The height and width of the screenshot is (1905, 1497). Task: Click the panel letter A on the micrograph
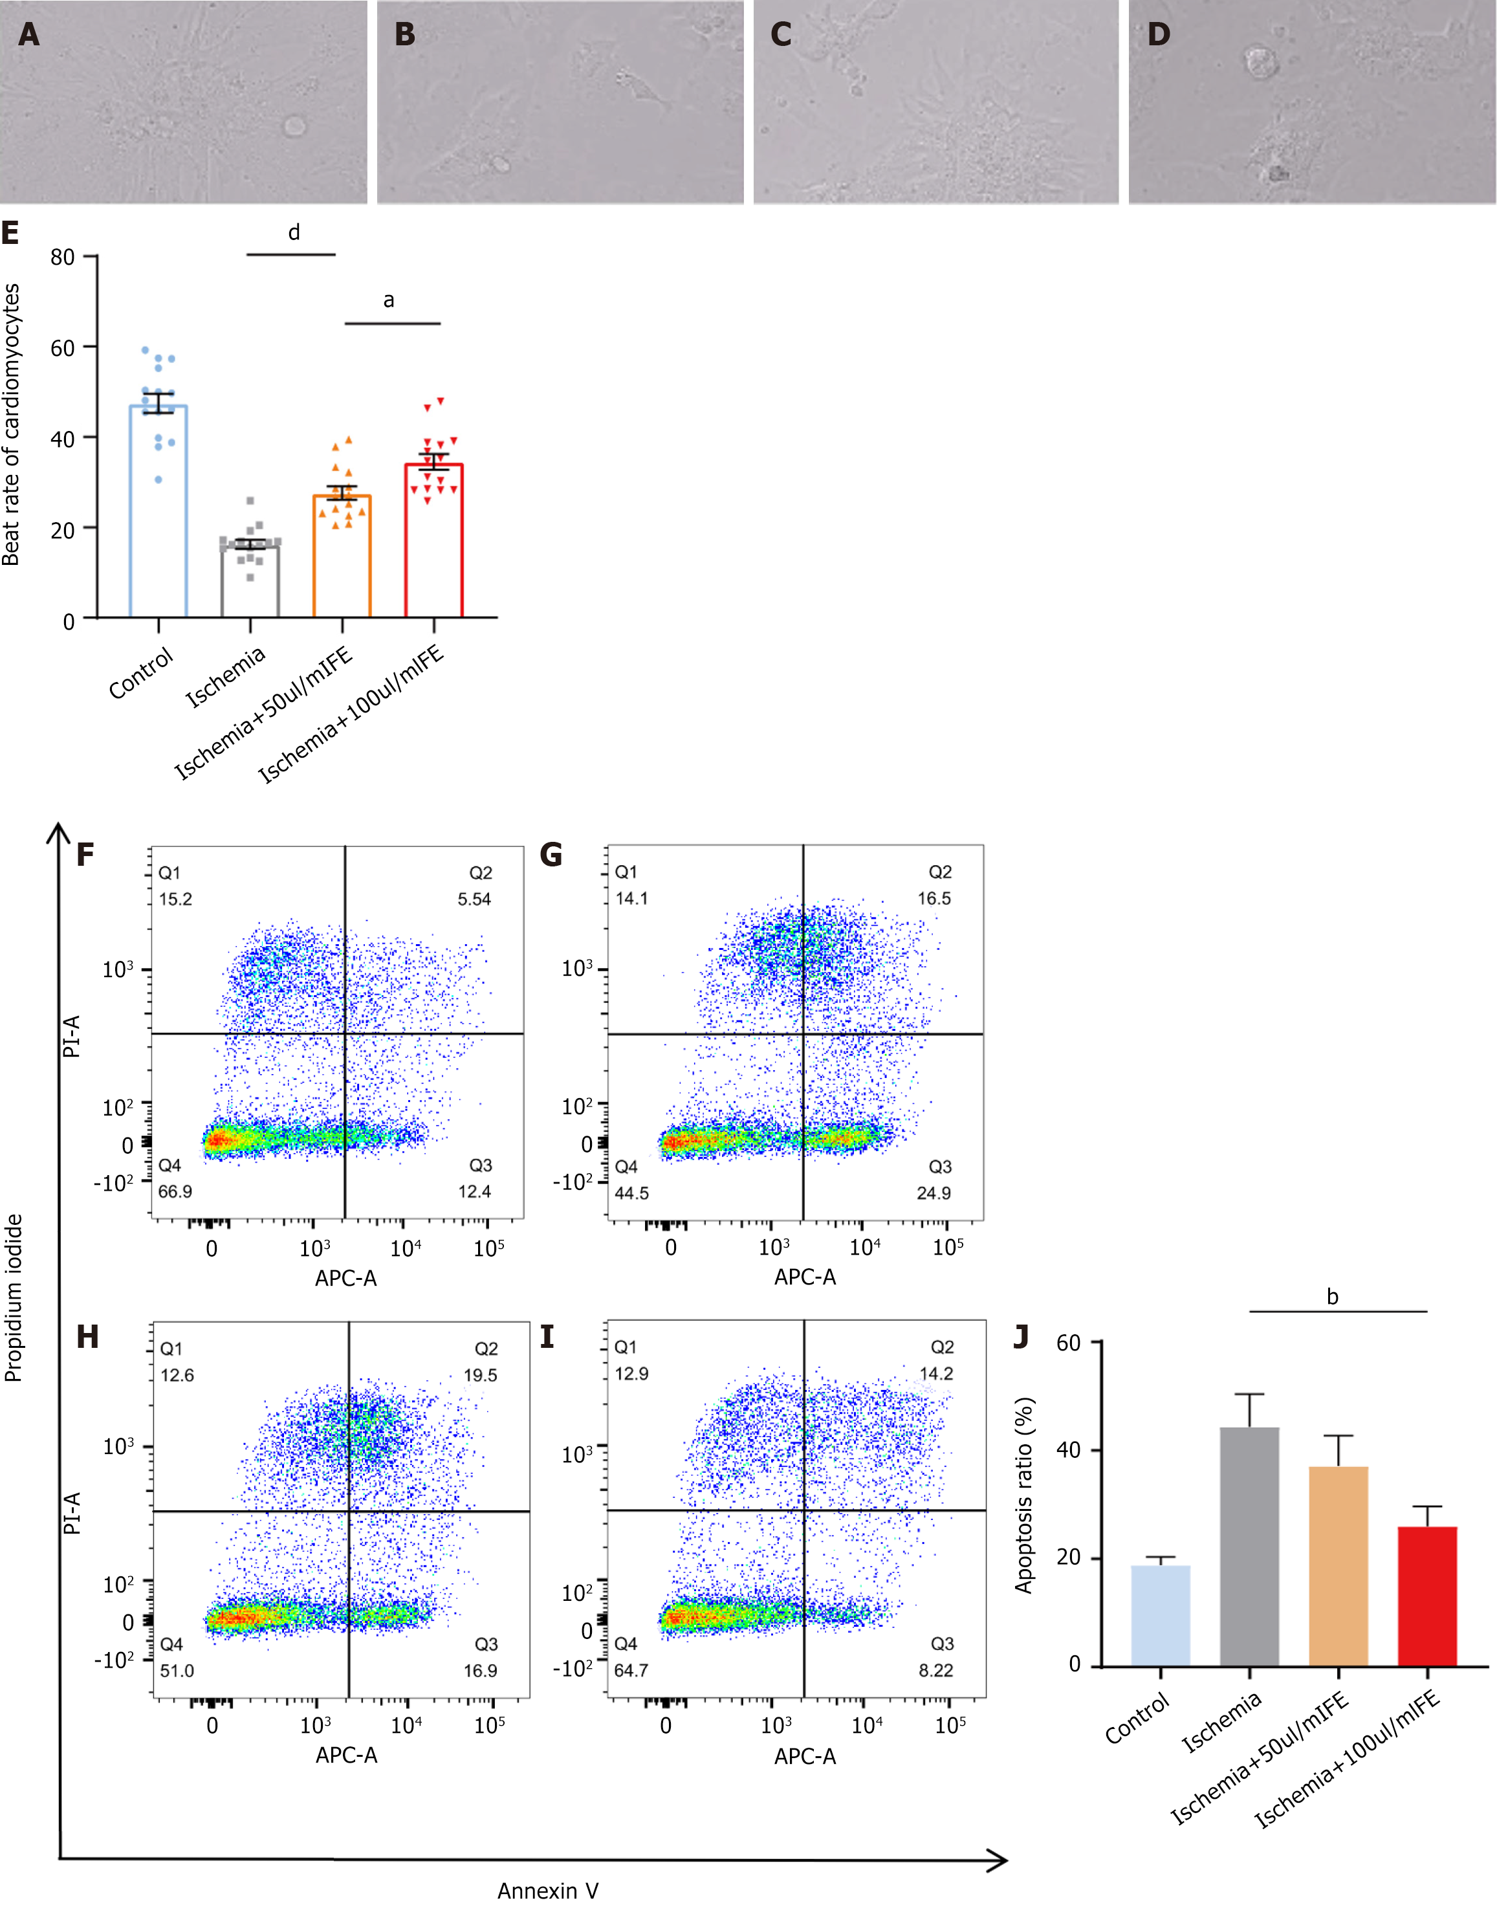click(x=29, y=34)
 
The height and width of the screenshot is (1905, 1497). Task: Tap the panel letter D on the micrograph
click(x=1159, y=34)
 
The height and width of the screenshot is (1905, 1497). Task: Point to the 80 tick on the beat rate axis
click(x=62, y=257)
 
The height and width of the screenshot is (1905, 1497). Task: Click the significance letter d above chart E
click(x=294, y=232)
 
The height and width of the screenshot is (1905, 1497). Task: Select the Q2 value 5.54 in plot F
click(x=474, y=899)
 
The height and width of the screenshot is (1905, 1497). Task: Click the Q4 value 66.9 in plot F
click(x=175, y=1191)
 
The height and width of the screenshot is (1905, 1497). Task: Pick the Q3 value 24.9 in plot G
click(x=934, y=1193)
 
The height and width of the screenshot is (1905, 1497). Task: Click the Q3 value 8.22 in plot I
click(x=935, y=1671)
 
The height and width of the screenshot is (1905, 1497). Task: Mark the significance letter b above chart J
click(x=1332, y=1297)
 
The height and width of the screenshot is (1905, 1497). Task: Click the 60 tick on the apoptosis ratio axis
click(x=1069, y=1344)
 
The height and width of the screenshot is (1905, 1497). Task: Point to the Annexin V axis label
click(x=548, y=1890)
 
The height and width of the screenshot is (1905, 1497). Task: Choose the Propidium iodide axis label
click(x=13, y=1297)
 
